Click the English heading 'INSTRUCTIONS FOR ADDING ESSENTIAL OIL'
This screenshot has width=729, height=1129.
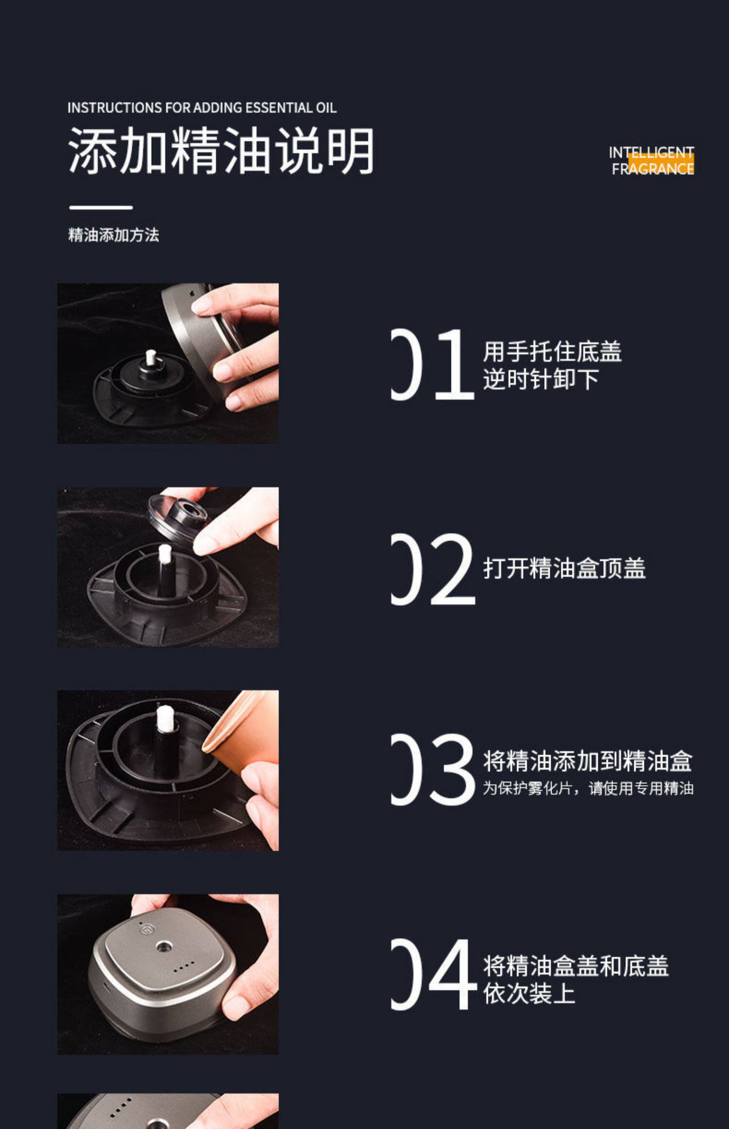[x=202, y=107]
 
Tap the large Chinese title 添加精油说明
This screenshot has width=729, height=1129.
[x=221, y=150]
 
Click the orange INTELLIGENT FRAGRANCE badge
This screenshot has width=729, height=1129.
[x=652, y=160]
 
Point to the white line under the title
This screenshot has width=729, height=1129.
[x=101, y=207]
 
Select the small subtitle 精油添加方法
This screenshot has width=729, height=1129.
[x=114, y=235]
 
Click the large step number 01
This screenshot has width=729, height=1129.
[x=433, y=364]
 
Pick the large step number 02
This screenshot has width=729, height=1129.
[x=433, y=569]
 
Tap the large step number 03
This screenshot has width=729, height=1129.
[x=433, y=769]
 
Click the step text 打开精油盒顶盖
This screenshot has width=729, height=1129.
[x=564, y=568]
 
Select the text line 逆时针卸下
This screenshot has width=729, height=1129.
[x=540, y=379]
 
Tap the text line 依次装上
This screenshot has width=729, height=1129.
[x=529, y=993]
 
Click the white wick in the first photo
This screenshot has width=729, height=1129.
[x=151, y=357]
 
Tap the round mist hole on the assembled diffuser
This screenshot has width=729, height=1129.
[x=164, y=946]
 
